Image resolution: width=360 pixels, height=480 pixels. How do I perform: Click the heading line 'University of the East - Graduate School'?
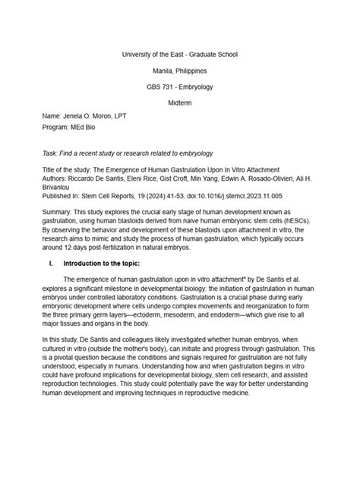tap(180, 55)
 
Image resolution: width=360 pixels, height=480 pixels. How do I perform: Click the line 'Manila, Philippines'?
tap(180, 71)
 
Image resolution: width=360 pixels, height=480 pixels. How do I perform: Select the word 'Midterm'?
tap(180, 101)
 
